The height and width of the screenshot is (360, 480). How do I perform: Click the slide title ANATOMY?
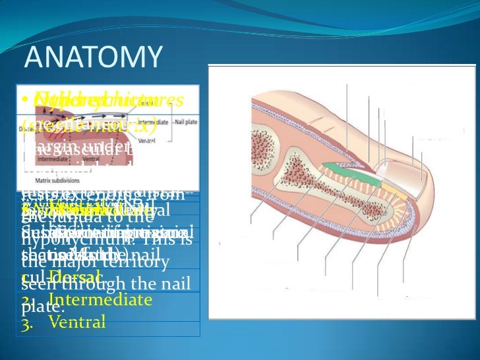[x=92, y=57]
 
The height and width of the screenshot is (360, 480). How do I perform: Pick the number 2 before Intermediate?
[x=27, y=301]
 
